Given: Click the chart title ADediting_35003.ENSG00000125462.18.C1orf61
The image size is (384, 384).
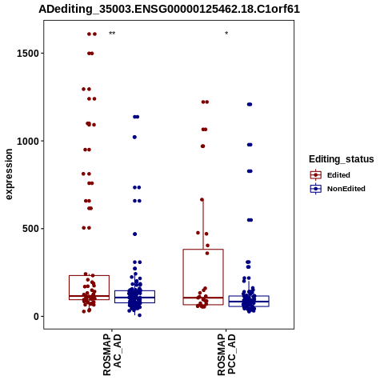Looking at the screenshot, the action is tap(169, 10).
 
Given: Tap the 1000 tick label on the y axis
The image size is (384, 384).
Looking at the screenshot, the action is tap(28, 141).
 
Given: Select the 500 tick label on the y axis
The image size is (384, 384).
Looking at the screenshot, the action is tap(30, 229).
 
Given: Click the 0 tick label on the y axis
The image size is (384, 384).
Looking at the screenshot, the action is tap(37, 316).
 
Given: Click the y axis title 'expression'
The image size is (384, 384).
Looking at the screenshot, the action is tap(9, 174).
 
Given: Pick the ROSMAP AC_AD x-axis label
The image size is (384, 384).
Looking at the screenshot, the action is tap(112, 354).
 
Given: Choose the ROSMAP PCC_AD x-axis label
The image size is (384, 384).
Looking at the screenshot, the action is tap(226, 354).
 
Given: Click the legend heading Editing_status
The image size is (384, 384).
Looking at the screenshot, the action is tap(342, 159).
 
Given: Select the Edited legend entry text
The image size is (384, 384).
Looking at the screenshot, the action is tap(338, 175).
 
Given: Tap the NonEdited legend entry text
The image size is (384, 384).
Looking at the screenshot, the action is tap(346, 189).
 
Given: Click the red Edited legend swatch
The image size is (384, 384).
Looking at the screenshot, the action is tap(316, 175).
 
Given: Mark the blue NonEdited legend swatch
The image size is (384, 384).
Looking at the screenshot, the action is tap(316, 189).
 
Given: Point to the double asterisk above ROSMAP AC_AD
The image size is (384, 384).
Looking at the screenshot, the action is tap(112, 34).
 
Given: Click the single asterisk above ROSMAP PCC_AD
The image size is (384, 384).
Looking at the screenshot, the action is tap(226, 33).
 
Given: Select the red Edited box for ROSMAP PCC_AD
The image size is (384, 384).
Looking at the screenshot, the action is tap(203, 250).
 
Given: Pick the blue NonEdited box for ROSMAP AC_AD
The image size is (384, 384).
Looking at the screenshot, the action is tap(134, 291).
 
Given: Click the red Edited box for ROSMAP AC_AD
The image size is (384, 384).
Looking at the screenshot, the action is tap(89, 276).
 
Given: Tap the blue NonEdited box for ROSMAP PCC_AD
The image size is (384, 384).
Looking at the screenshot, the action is tap(249, 296).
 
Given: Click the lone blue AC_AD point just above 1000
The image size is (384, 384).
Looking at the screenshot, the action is tap(134, 137).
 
